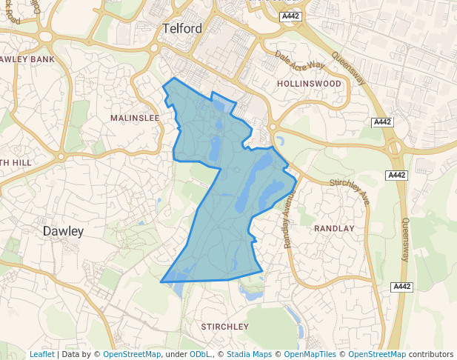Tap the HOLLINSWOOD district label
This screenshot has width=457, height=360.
[x=309, y=84]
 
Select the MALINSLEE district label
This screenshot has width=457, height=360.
[x=135, y=118]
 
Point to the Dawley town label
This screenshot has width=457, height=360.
[x=63, y=231]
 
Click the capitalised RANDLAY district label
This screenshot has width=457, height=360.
[x=334, y=229]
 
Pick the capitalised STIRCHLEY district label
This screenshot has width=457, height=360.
[x=225, y=326]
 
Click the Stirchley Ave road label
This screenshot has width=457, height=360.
[x=349, y=191]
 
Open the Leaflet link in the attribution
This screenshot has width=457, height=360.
[x=41, y=355]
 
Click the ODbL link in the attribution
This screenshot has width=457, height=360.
[x=200, y=355]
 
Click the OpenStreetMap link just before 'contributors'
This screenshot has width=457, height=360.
[x=377, y=355]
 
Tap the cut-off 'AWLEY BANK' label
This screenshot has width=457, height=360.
[x=27, y=59]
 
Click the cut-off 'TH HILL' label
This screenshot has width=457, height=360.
[x=15, y=163]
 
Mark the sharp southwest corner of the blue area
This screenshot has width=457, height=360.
[x=161, y=281]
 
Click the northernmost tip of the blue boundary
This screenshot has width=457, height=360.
[x=174, y=78]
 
